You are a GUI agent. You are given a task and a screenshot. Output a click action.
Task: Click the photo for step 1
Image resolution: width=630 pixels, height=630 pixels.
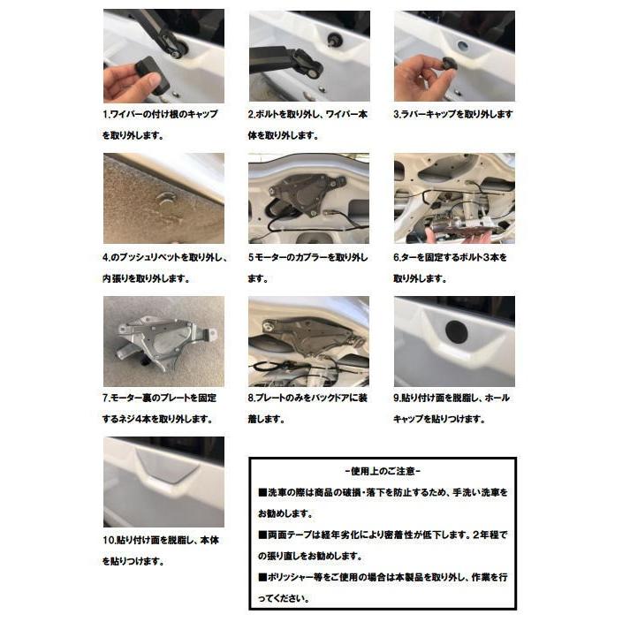point(163,55)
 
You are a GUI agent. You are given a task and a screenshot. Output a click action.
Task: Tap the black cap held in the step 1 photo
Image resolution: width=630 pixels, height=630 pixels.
point(151,74)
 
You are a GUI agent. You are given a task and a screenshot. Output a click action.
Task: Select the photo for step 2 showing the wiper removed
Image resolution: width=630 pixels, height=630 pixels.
point(308,55)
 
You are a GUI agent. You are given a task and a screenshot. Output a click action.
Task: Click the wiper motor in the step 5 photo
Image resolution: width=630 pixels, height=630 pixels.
point(306,189)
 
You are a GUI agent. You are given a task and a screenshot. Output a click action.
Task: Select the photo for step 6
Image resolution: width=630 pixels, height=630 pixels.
point(453,198)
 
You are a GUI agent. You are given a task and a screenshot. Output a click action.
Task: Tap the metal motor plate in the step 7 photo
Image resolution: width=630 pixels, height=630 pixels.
point(164,339)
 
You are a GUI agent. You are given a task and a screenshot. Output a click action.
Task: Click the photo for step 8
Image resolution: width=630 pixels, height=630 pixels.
point(308,341)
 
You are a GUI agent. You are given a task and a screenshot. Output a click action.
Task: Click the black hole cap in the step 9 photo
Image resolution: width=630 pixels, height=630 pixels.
point(457,332)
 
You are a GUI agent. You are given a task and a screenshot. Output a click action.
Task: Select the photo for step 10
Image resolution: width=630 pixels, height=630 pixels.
point(163,482)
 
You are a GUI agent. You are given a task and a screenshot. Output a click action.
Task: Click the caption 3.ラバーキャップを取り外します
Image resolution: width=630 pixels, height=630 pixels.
point(452,115)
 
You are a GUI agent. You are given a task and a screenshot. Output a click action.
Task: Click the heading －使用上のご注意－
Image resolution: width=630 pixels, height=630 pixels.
point(383,471)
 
